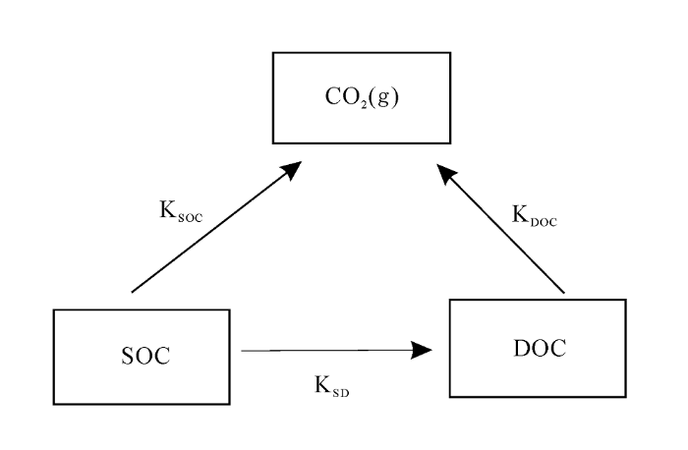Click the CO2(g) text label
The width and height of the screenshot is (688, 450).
pyautogui.click(x=362, y=97)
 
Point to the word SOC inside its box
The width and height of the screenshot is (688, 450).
pyautogui.click(x=145, y=356)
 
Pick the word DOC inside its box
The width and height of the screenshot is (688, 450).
pyautogui.click(x=540, y=348)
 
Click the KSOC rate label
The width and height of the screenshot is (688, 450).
pyautogui.click(x=181, y=211)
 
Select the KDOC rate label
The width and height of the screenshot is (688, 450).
pyautogui.click(x=535, y=215)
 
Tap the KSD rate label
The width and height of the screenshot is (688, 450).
pyautogui.click(x=332, y=386)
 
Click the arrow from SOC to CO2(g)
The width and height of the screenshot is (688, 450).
pyautogui.click(x=217, y=226)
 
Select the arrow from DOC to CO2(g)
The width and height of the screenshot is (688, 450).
pyautogui.click(x=500, y=228)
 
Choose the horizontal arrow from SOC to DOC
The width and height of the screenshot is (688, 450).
pyautogui.click(x=337, y=350)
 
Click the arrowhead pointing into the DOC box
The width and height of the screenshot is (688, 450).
pyautogui.click(x=422, y=350)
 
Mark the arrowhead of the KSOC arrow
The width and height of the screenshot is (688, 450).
pyautogui.click(x=292, y=169)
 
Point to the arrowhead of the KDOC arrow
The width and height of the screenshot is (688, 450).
pyautogui.click(x=446, y=174)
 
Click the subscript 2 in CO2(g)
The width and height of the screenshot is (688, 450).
pyautogui.click(x=365, y=106)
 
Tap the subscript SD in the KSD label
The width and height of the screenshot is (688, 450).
pyautogui.click(x=341, y=392)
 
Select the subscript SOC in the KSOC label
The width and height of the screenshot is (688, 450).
pyautogui.click(x=191, y=217)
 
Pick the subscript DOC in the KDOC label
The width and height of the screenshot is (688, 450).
pyautogui.click(x=545, y=222)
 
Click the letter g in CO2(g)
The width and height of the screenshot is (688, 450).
pyautogui.click(x=382, y=98)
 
